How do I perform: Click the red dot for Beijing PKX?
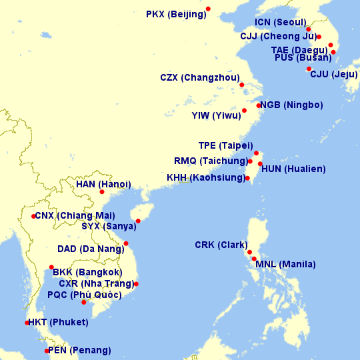click(208, 9)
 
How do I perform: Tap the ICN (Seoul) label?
click(279, 22)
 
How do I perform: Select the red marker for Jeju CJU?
click(309, 69)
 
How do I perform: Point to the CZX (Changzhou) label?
click(200, 77)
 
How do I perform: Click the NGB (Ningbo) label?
click(291, 105)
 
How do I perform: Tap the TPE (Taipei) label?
click(225, 145)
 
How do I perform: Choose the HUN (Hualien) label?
click(293, 169)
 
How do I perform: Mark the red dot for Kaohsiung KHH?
click(247, 178)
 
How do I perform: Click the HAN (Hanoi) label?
click(103, 184)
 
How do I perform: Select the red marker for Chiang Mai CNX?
click(33, 216)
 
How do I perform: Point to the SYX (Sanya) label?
click(109, 226)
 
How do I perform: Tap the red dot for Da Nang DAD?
click(125, 243)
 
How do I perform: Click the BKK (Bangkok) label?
click(87, 272)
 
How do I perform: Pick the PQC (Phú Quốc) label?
click(85, 295)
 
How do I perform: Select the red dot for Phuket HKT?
click(27, 323)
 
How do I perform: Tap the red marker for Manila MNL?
click(254, 259)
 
